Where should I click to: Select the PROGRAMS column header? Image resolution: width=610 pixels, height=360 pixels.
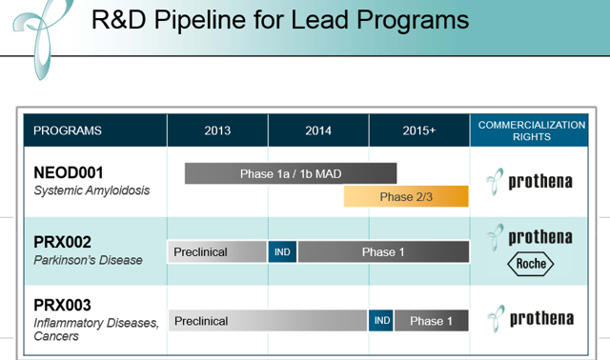68,130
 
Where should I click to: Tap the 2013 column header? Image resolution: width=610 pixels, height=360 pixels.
217,130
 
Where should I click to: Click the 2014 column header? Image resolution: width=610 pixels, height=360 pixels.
318,130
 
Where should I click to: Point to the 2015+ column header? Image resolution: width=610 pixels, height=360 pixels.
418,130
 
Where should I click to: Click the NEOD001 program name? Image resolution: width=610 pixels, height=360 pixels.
72,172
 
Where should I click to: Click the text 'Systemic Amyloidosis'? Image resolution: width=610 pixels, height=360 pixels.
91,190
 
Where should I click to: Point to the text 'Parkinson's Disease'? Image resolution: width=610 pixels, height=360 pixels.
88,259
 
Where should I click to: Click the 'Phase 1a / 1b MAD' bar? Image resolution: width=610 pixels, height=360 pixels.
290,173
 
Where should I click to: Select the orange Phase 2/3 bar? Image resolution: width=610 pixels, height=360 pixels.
407,196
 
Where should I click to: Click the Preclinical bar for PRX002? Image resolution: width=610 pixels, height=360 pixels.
217,252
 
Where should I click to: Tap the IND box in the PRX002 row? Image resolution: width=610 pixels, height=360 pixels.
283,252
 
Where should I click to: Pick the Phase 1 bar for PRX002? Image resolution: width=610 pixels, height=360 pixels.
383,252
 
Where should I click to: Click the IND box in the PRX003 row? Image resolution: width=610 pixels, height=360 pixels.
381,321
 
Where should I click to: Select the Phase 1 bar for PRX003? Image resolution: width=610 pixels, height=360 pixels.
432,321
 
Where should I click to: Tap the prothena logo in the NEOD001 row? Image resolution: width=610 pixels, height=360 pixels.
529,180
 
